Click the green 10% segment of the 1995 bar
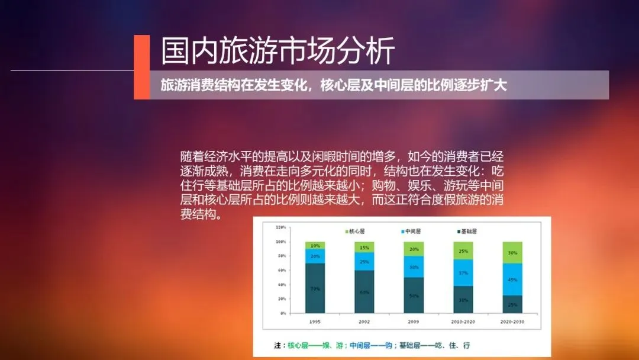(315, 245)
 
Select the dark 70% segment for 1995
(315, 288)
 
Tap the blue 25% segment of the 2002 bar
(364, 261)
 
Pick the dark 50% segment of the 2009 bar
(414, 295)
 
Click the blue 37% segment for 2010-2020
(463, 273)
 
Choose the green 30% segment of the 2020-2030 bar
(512, 252)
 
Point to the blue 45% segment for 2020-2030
(512, 279)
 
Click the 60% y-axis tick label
(282, 270)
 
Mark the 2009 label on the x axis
(414, 322)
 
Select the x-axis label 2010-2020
(463, 322)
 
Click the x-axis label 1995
(315, 322)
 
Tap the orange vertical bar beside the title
(141, 66)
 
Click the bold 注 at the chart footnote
(276, 345)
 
